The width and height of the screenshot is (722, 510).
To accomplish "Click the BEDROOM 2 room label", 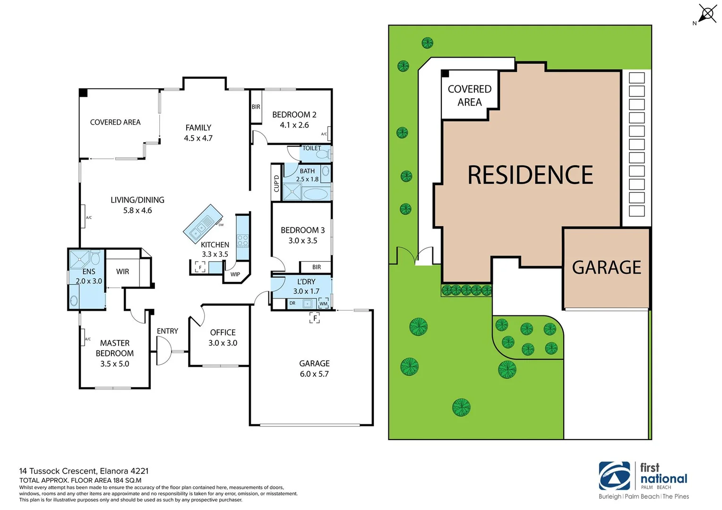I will click(x=294, y=115).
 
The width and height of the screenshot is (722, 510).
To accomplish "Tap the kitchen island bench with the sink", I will click(x=203, y=224).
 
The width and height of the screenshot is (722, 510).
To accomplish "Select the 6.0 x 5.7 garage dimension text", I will click(x=314, y=374).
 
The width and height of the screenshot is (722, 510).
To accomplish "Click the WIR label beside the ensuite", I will click(x=122, y=272).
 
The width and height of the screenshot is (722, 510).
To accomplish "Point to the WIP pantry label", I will click(x=235, y=274).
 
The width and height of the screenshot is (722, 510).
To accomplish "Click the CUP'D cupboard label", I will click(x=276, y=183).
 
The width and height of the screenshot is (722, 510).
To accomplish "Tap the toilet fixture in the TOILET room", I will click(x=323, y=154).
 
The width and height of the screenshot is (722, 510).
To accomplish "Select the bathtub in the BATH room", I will click(x=315, y=194).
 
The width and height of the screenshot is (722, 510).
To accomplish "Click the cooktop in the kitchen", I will click(x=242, y=240).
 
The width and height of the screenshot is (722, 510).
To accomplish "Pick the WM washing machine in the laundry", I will click(x=323, y=303).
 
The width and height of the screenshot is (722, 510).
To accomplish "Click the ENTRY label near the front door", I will click(x=167, y=331).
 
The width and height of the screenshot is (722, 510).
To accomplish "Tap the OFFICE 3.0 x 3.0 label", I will click(x=223, y=338).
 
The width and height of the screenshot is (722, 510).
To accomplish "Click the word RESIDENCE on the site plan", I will click(x=530, y=175).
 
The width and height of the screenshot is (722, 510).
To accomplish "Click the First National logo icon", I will click(x=614, y=476).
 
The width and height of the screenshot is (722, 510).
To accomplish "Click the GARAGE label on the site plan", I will click(x=606, y=268).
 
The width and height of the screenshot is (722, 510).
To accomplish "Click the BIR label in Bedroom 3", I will click(x=316, y=267).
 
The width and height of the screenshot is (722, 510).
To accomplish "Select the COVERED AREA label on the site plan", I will click(x=469, y=95).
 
